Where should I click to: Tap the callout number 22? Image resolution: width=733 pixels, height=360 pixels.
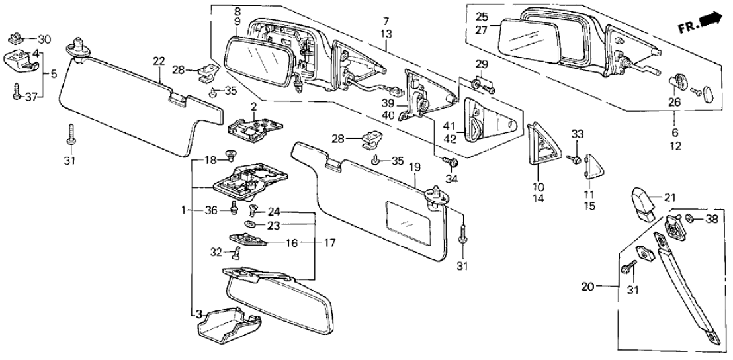tap(159, 62)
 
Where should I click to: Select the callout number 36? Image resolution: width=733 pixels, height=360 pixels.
tap(210, 210)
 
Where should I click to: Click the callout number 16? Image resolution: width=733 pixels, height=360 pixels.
tap(291, 244)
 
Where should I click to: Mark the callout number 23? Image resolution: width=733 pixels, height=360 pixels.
tap(273, 225)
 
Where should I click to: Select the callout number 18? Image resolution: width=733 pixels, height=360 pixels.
tap(210, 161)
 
